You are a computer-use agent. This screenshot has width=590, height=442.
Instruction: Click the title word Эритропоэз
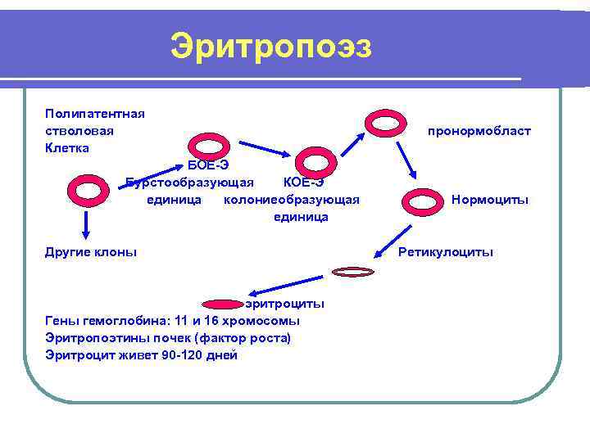pos(271,46)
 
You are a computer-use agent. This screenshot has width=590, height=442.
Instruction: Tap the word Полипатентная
pos(95,113)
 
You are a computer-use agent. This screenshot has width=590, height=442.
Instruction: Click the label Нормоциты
pos(490,200)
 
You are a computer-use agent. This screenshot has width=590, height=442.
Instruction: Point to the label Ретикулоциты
pos(446,252)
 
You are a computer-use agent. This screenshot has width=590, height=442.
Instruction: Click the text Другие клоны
pos(91,252)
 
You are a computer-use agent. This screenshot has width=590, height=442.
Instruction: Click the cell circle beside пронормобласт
pos(382,123)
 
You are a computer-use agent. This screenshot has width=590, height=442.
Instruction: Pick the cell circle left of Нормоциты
pos(424,200)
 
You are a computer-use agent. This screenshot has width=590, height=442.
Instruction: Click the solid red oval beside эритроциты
pos(220,304)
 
